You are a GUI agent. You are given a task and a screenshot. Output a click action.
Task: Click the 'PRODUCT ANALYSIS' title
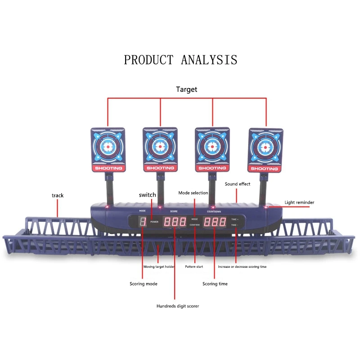180,60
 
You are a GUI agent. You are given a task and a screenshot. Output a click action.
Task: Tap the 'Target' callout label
186,90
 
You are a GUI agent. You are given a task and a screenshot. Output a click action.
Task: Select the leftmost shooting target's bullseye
108,146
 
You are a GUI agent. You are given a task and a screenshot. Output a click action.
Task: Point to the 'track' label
58,195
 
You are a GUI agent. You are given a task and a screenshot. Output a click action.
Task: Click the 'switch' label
148,195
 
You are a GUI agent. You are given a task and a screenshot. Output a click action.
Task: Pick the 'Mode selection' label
193,193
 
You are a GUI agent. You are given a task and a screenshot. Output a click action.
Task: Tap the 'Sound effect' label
238,184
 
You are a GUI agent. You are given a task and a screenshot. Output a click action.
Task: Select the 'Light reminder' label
299,202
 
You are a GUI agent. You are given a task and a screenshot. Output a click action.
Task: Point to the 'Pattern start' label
194,267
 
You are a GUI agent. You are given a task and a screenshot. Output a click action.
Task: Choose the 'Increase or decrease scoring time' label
243,267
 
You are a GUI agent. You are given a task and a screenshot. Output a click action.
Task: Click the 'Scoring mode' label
144,284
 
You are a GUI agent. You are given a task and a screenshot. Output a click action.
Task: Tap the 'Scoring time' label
215,284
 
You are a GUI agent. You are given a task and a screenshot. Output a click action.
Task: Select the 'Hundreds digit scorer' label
178,306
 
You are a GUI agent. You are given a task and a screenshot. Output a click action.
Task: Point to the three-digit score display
175,222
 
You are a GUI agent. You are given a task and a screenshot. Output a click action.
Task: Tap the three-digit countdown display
215,222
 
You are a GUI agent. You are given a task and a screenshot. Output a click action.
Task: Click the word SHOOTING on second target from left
160,168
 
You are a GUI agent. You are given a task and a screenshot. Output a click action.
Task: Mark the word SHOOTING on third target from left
212,168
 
